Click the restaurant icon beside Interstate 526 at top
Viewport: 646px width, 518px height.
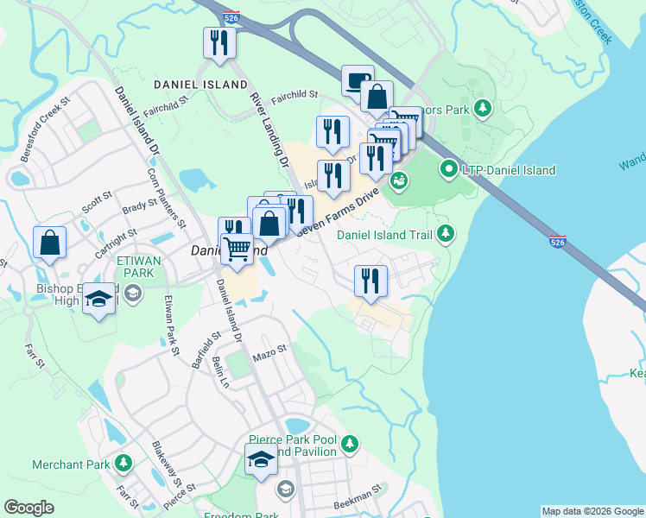point(219,42)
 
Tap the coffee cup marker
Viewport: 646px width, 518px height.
point(358,80)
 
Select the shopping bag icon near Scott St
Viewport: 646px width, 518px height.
point(49,243)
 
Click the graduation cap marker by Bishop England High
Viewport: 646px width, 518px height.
point(99,299)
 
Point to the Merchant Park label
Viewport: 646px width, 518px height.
point(71,464)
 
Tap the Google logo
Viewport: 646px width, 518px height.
point(28,508)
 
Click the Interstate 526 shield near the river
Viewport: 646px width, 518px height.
point(558,243)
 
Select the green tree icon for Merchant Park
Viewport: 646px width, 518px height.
point(123,464)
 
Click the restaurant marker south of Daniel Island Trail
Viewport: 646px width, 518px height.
point(370,281)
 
